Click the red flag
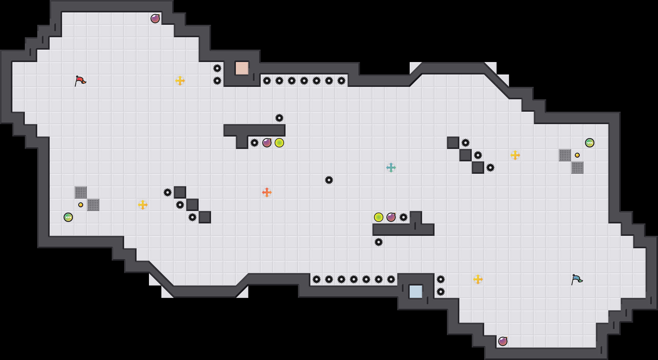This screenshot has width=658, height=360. pos(80,81)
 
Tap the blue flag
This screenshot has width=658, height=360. pos(577,279)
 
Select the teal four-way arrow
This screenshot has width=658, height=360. pos(391,168)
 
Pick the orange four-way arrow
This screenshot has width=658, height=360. pos(267,192)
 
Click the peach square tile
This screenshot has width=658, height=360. pos(242,68)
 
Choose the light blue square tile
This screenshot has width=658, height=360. pos(416,292)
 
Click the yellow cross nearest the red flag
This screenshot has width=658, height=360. pos(180,81)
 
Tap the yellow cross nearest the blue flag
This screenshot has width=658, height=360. pos(478,279)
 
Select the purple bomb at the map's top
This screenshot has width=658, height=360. pos(155,19)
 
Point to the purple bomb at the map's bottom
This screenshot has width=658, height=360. pos(503,341)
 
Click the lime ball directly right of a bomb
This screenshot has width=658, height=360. pos(279,143)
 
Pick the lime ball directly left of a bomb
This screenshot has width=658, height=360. pos(379,217)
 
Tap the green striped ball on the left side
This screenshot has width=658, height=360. pos(68,217)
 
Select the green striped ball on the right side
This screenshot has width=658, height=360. pos(590,143)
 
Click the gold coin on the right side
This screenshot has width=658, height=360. pos(577,155)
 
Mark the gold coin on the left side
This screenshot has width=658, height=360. pos(81,205)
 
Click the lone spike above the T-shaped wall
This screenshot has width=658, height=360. pos(279,118)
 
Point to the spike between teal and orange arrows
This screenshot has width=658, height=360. pos(329,180)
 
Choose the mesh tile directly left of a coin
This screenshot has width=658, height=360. pos(565,155)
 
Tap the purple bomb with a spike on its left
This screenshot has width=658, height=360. pos(267,143)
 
